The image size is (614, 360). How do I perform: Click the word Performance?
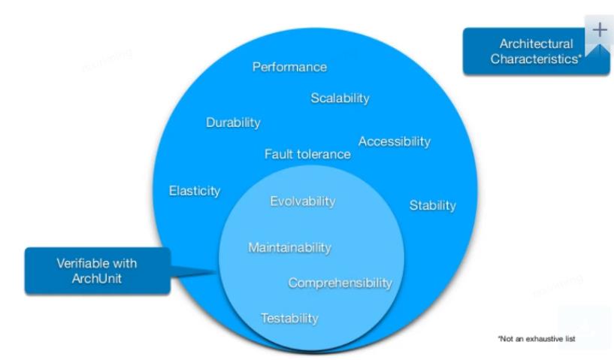point(289,67)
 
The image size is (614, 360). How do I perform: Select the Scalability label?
point(340,98)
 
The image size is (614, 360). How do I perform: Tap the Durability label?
point(233,123)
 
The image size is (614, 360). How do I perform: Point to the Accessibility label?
point(394,141)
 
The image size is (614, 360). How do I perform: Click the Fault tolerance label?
point(307,154)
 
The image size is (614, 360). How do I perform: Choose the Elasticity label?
point(195,191)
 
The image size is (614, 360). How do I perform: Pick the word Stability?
point(432,205)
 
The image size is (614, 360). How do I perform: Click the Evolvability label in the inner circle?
point(302,201)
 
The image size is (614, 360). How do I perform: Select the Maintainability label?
point(289,247)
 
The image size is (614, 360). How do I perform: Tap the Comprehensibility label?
point(340,283)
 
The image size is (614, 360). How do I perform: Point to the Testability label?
point(289,318)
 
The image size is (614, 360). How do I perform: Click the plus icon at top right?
point(599,30)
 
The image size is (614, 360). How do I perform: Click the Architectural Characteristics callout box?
point(536,51)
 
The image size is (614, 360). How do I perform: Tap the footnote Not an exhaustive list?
point(536,339)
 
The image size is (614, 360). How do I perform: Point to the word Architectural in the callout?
point(536,44)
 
